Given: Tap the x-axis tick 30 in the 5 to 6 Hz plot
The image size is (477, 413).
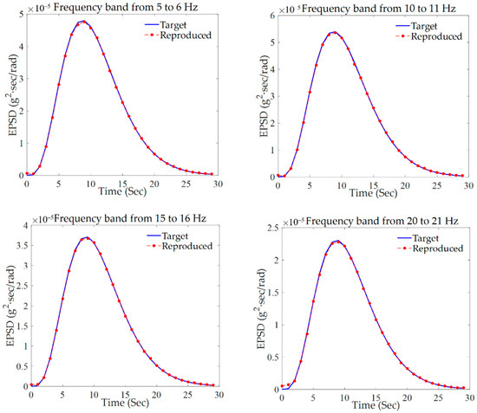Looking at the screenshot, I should pos(219,183).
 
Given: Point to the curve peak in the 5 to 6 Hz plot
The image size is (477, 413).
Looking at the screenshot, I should pos(83,21).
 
